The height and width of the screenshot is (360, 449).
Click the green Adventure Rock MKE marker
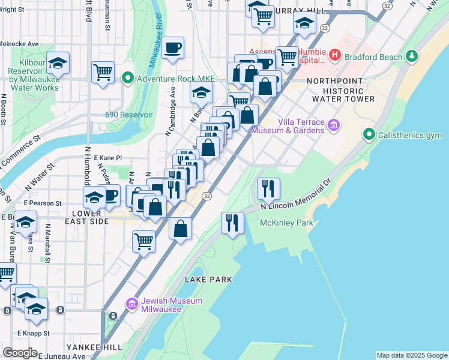[x=127, y=78]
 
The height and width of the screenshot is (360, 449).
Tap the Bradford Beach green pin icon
[x=411, y=56]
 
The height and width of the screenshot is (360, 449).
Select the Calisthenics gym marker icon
[x=369, y=135]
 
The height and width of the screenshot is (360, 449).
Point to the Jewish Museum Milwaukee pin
[x=132, y=304]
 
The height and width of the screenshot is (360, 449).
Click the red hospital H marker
[x=335, y=56]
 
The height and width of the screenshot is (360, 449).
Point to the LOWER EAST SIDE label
[x=90, y=217]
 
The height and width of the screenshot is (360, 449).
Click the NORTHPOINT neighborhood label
[x=334, y=80]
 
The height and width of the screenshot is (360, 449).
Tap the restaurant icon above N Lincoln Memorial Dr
[x=268, y=188]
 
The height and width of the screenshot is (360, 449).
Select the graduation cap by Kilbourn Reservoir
[x=58, y=62]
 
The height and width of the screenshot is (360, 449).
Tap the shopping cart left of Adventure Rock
[x=103, y=72]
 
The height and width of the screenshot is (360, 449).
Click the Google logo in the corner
[x=20, y=353]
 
